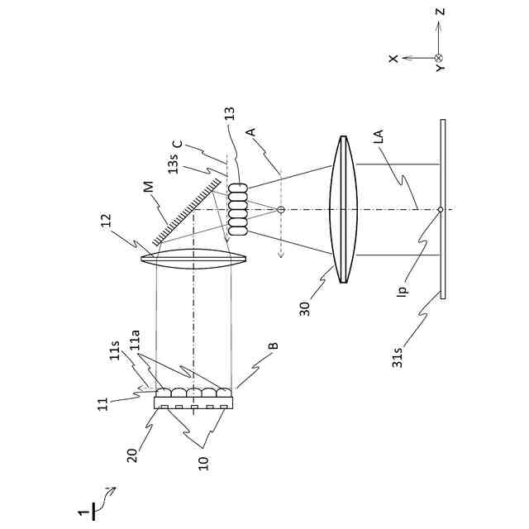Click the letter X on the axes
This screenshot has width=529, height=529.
[x=394, y=58]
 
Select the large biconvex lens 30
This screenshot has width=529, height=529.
[x=341, y=210]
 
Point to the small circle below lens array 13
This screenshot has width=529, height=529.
[x=281, y=210]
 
